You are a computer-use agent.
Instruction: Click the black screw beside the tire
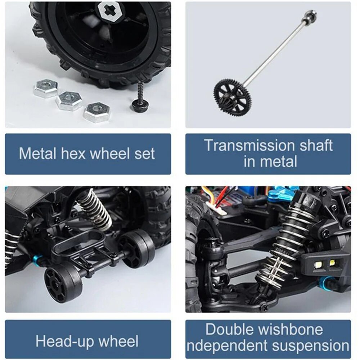click(140, 99)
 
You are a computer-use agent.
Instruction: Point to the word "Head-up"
click(65, 342)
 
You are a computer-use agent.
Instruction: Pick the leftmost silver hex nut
click(45, 89)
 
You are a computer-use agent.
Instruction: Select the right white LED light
click(332, 262)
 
